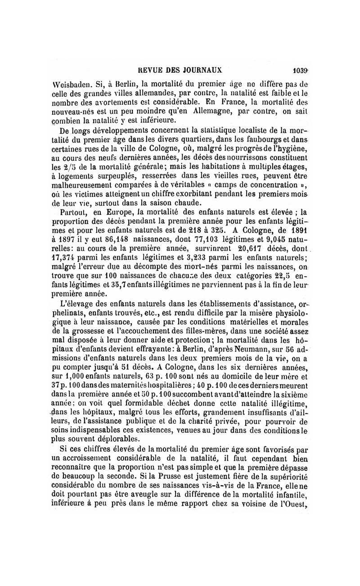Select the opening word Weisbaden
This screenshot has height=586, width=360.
point(68,84)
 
